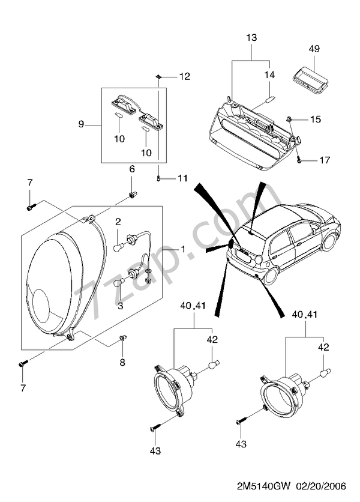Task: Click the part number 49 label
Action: tap(314, 48)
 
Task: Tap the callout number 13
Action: tap(251, 38)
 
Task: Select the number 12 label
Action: tap(184, 77)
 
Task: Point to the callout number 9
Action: tap(81, 124)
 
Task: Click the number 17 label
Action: tap(324, 160)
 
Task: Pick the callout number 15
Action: tap(316, 119)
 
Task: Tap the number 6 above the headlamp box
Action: tap(132, 169)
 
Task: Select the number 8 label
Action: tap(122, 362)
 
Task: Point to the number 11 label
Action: tap(182, 178)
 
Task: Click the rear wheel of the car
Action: tap(271, 276)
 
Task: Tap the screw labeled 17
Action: tap(299, 160)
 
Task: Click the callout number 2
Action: tap(119, 222)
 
